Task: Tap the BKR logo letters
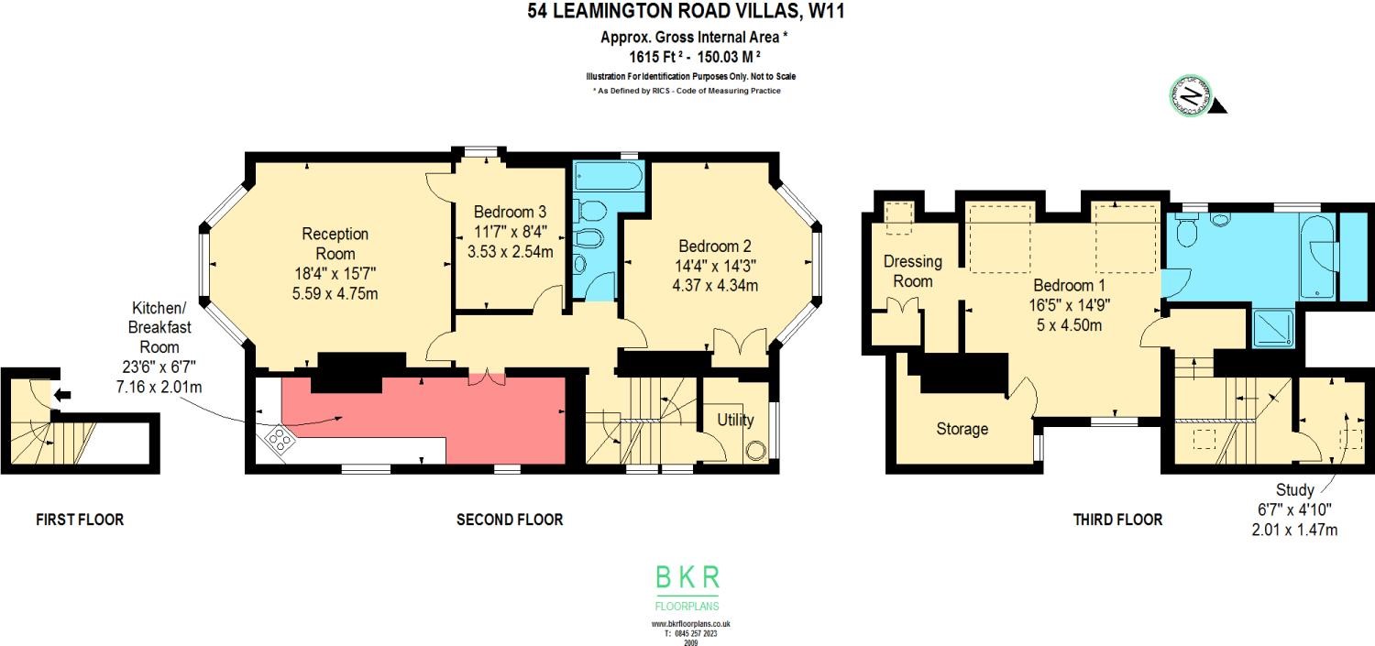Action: point(687,577)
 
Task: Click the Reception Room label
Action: point(335,244)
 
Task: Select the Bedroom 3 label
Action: point(511,212)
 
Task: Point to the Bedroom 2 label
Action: point(715,246)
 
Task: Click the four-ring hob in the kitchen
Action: point(279,441)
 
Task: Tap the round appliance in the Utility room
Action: point(756,451)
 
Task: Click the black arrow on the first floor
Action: point(63,396)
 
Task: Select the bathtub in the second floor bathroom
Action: point(608,176)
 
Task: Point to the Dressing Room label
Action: point(907,271)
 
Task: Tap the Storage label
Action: point(962,429)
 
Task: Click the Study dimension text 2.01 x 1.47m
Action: point(1294,530)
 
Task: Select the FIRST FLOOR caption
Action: point(80,520)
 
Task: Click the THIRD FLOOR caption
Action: point(1117,520)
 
